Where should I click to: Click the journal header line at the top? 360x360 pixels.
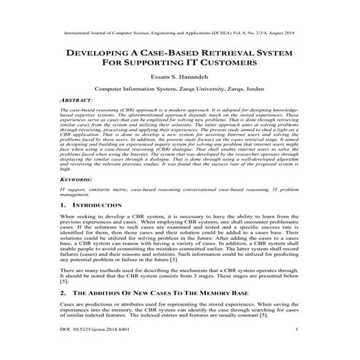tap(180, 33)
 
